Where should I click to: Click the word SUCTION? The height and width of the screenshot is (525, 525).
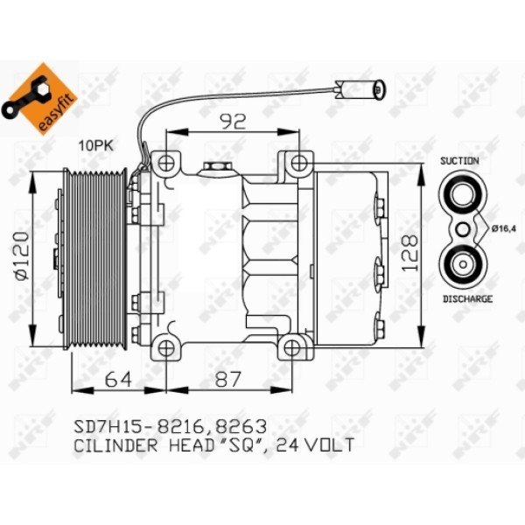(x=459, y=162)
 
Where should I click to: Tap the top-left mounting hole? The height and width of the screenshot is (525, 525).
(x=164, y=163)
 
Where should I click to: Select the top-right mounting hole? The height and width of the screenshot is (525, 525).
(x=298, y=163)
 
